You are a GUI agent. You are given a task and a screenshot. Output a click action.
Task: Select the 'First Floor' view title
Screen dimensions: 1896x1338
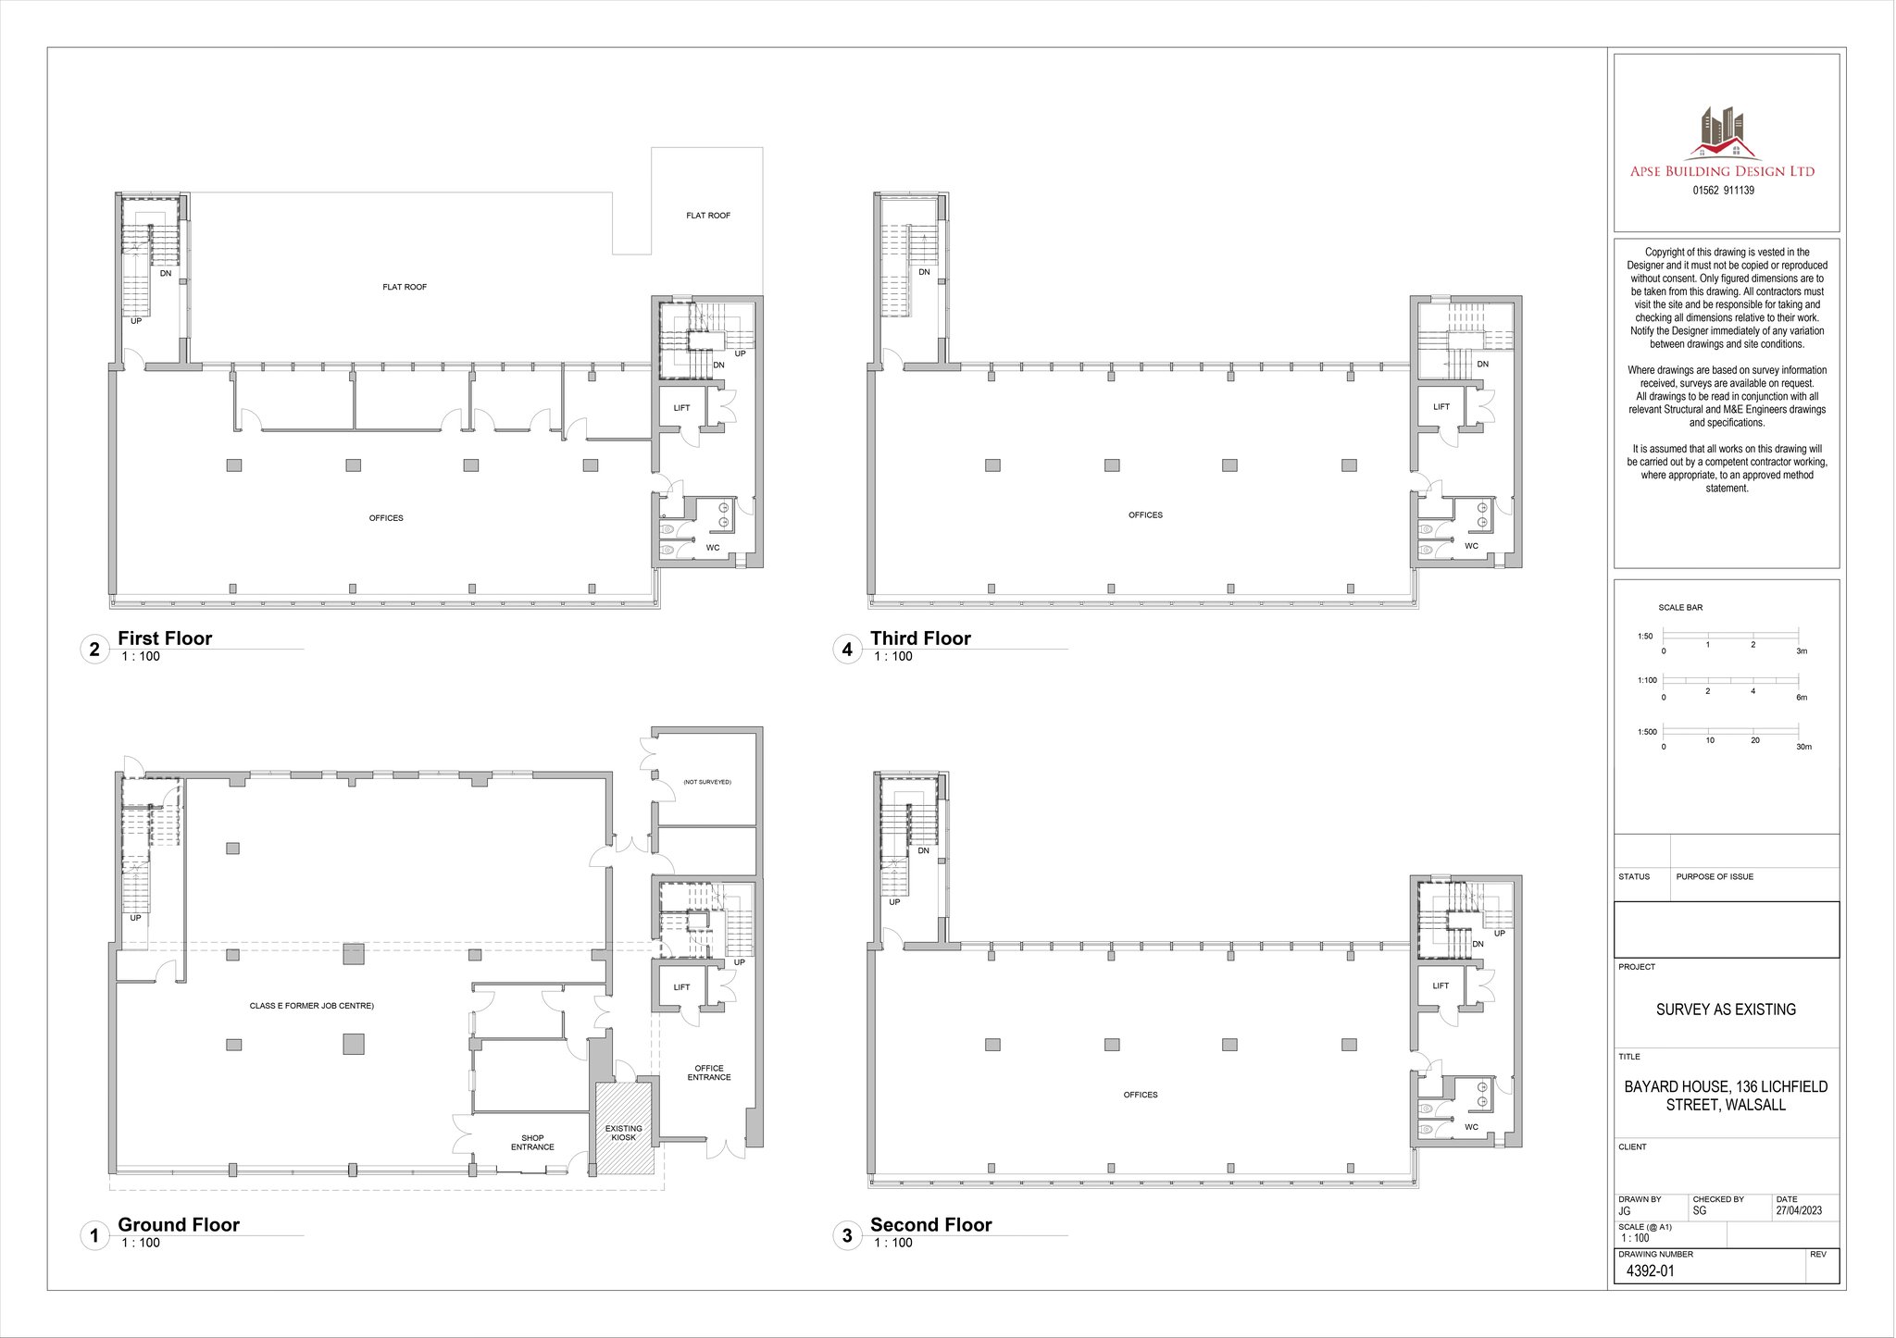165,638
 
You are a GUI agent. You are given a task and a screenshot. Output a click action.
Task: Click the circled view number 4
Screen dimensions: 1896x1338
847,650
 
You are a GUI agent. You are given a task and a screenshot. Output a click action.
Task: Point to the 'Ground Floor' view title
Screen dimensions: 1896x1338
179,1225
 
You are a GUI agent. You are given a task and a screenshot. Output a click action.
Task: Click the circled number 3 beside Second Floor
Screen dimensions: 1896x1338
847,1236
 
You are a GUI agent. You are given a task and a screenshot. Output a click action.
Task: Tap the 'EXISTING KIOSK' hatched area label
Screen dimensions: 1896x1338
623,1133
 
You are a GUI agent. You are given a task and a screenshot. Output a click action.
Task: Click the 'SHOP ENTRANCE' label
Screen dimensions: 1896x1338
532,1143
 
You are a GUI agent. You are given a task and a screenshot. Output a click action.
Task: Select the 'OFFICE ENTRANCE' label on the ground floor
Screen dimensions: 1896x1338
709,1072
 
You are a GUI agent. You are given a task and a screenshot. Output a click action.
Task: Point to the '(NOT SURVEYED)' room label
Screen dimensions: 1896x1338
707,782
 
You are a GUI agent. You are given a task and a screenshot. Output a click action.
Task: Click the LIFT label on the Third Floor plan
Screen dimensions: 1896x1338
1441,407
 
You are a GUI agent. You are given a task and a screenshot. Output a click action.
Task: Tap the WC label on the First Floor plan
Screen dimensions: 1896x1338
713,548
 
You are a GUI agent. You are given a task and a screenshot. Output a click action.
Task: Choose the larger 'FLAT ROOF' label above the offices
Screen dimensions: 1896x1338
405,287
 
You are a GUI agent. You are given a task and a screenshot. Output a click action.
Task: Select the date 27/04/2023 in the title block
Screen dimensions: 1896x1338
1799,1210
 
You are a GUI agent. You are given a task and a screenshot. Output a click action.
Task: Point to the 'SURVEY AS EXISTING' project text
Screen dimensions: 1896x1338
1726,1010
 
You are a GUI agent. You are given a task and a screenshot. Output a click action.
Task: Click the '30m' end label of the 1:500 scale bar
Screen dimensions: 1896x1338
1803,747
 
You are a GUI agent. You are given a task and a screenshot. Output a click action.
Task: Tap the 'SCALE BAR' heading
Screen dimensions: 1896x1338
1680,608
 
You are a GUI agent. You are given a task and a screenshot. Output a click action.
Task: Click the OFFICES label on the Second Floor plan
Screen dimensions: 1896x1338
1141,1095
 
